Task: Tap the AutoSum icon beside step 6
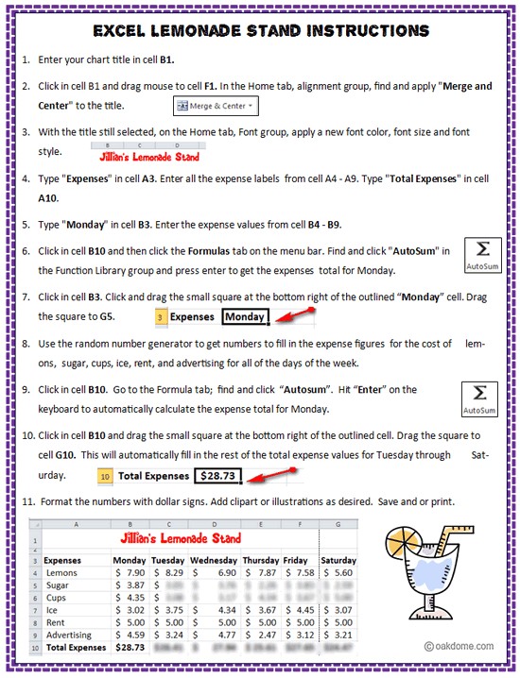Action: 482,256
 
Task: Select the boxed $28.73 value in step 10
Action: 218,476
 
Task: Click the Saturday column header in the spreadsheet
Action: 338,559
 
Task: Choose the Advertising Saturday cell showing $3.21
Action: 338,635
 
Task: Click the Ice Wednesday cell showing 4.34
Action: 216,610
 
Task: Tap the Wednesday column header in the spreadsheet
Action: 216,559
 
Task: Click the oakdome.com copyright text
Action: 458,646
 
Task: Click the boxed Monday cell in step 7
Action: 245,317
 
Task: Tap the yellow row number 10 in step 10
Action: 105,476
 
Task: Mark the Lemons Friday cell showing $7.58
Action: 298,572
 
